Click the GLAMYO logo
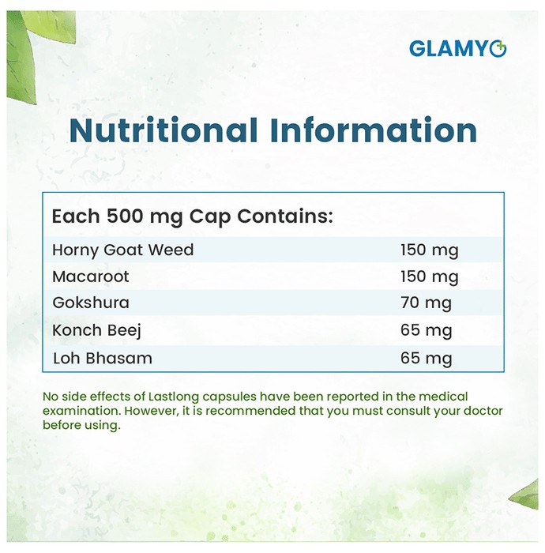[458, 48]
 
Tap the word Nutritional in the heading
[163, 130]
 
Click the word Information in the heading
[374, 130]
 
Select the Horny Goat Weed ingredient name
[123, 250]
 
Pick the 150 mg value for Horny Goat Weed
[430, 250]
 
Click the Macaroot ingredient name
[91, 276]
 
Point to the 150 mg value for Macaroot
[430, 276]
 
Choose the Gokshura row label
[91, 303]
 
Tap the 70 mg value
[426, 303]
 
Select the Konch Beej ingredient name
[96, 330]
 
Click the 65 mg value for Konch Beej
[426, 330]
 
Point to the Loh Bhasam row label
[103, 359]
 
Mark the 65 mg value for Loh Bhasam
[426, 359]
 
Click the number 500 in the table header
[125, 216]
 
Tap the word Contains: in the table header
[285, 216]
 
